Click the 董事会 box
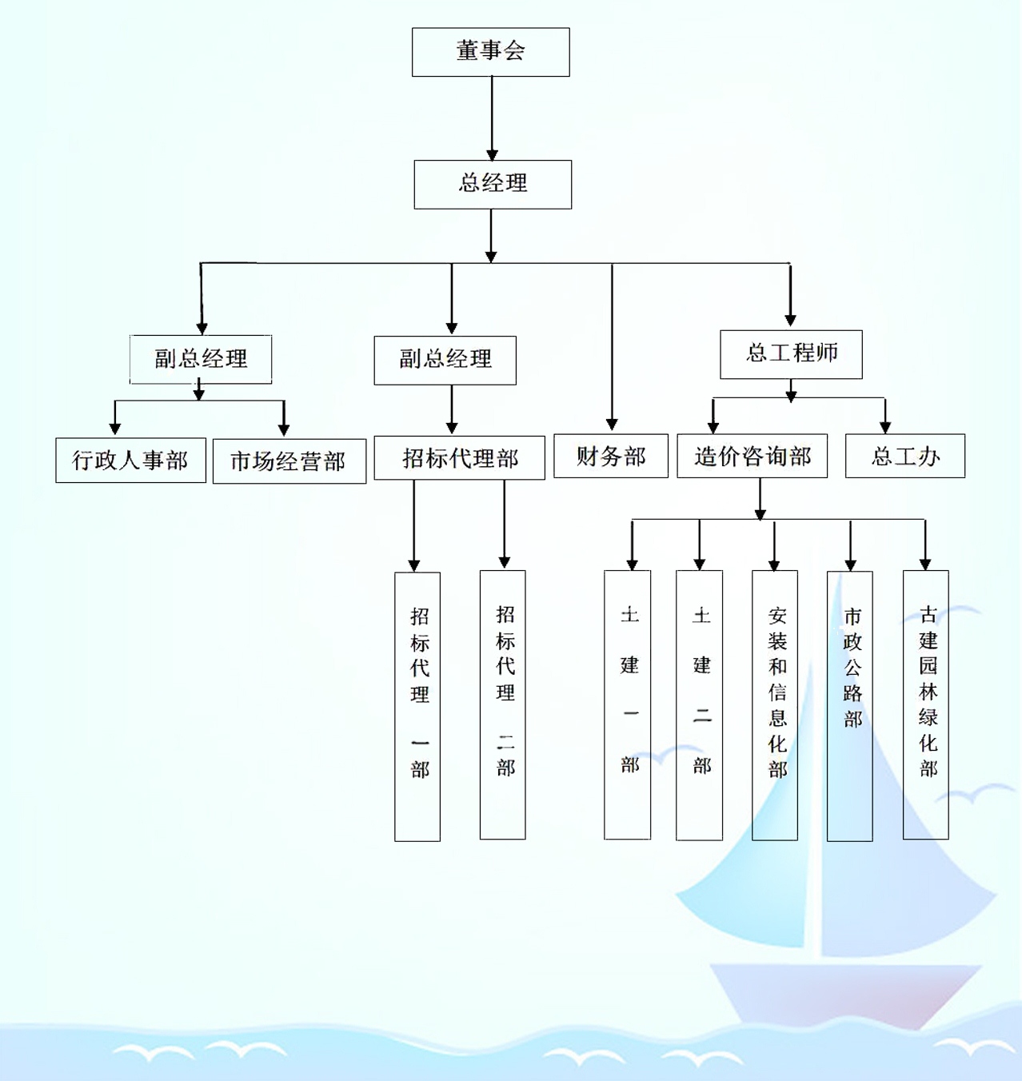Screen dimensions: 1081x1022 pyautogui.click(x=490, y=52)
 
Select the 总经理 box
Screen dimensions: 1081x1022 pyautogui.click(x=493, y=184)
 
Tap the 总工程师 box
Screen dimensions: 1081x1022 pyautogui.click(x=791, y=353)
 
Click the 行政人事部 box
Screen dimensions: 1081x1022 pyautogui.click(x=130, y=460)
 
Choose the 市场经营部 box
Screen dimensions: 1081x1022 pyautogui.click(x=289, y=461)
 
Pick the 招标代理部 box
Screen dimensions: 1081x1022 pyautogui.click(x=459, y=458)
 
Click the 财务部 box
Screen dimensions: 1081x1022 pyautogui.click(x=611, y=457)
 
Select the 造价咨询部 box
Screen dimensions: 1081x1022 pyautogui.click(x=752, y=457)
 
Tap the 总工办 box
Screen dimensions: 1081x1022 pyautogui.click(x=904, y=457)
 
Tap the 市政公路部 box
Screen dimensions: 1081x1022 pyautogui.click(x=849, y=705)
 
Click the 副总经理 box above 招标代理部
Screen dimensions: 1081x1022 pyautogui.click(x=445, y=360)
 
